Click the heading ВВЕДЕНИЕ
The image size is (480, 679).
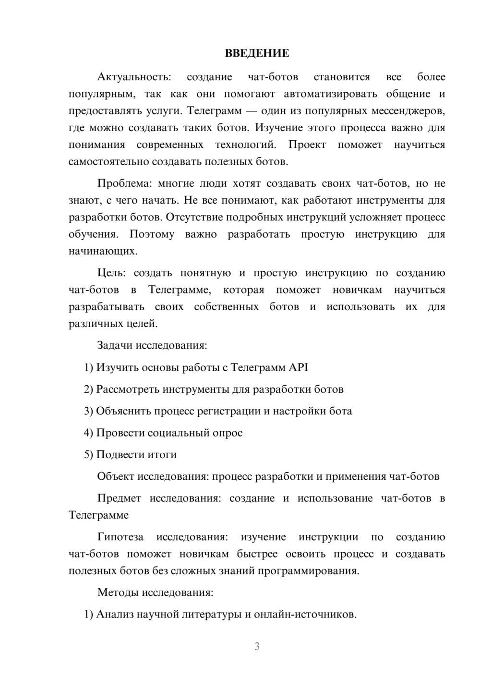click(257, 53)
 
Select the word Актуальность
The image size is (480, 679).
click(133, 77)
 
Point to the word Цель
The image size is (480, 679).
click(111, 273)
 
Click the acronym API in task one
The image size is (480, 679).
click(298, 367)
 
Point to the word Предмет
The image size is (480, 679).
click(119, 498)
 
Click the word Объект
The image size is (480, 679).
click(116, 476)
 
